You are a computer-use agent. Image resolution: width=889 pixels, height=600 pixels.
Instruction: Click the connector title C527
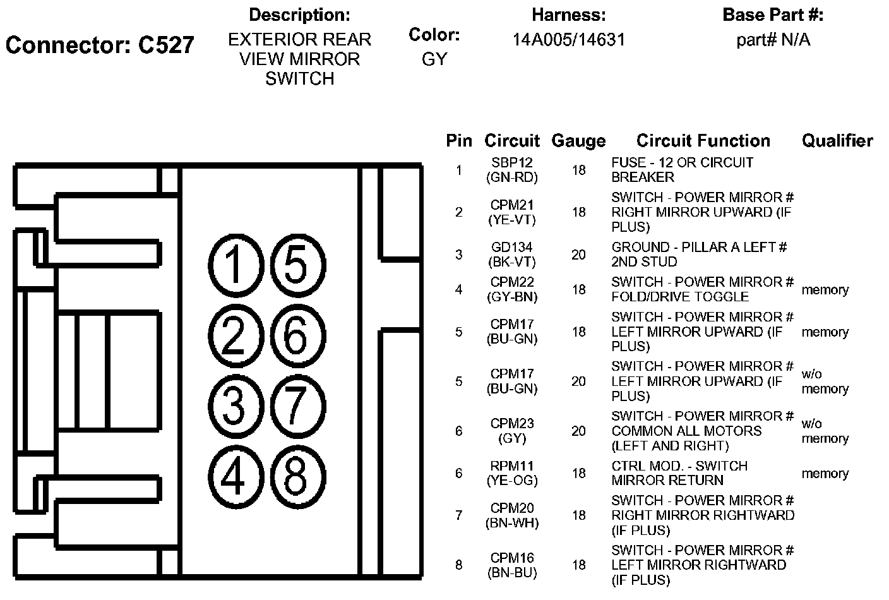coord(100,45)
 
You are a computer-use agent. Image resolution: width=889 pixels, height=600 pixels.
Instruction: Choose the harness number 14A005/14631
coord(568,40)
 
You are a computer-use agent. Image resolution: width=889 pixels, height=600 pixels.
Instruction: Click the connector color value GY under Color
coord(434,59)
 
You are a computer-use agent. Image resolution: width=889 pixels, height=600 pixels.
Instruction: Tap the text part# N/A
coord(773,40)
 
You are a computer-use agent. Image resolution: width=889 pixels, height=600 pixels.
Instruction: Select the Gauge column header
coord(578,141)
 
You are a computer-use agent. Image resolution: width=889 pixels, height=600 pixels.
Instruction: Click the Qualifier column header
coord(837,141)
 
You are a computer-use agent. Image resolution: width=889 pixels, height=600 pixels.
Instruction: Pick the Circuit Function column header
coord(703,141)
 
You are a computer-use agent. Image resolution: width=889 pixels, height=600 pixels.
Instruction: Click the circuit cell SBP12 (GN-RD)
coord(512,171)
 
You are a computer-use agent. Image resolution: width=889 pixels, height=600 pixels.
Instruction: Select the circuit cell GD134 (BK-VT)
coord(512,255)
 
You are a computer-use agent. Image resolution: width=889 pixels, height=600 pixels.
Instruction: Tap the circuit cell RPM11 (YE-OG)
coord(512,473)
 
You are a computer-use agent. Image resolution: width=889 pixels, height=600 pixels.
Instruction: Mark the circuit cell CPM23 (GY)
coord(512,431)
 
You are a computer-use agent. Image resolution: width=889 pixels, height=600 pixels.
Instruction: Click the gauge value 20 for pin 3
coord(578,255)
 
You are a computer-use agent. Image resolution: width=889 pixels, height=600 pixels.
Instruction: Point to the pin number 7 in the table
coord(459,515)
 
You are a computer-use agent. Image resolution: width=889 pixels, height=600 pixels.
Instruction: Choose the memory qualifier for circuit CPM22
coord(825,290)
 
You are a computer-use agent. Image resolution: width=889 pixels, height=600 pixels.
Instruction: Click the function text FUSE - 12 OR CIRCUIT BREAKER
coord(682,170)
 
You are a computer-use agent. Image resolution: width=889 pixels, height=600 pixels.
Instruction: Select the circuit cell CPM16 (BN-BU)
coord(512,565)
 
